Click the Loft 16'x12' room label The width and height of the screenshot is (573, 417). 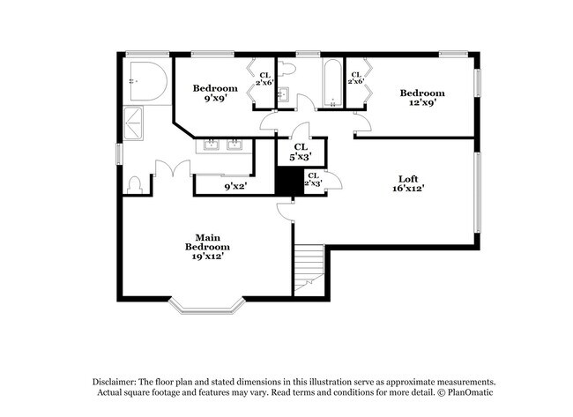(x=406, y=183)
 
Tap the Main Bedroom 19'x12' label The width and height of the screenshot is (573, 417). (x=207, y=246)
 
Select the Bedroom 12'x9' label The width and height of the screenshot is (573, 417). (x=421, y=98)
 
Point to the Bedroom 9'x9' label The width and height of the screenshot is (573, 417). (x=215, y=93)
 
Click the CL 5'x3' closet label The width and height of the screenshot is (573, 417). (x=300, y=152)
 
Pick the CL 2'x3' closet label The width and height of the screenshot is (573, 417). (x=312, y=180)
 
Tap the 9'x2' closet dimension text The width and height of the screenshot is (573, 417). (x=234, y=186)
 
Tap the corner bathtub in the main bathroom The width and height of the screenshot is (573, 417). (x=145, y=83)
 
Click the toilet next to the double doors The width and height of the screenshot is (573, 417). (x=135, y=185)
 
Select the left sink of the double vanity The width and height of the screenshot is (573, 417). (x=212, y=145)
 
